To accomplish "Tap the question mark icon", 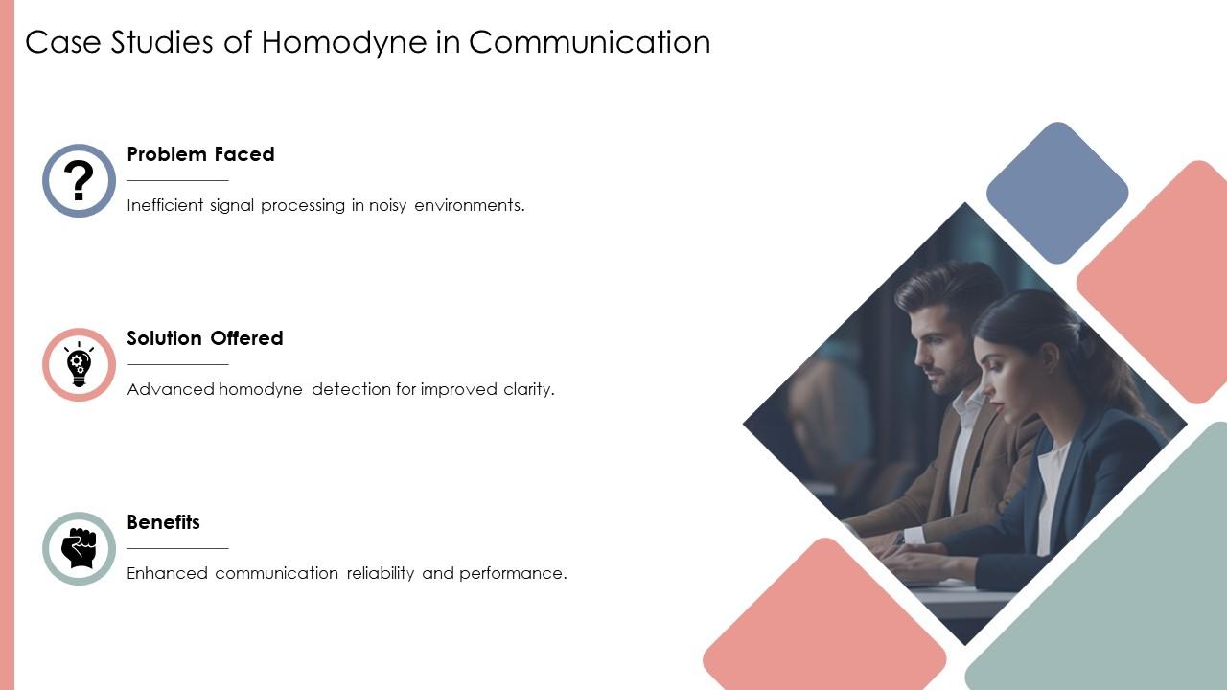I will [79, 180].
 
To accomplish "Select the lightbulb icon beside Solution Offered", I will [79, 364].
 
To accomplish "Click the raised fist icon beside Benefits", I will [79, 548].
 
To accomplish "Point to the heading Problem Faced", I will [200, 154].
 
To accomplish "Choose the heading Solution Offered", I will [205, 338].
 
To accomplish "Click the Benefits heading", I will [163, 522].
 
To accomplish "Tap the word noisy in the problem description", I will [388, 205].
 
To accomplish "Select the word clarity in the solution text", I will [528, 389].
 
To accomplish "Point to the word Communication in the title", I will [590, 43].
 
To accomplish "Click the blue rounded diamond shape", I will [1057, 193].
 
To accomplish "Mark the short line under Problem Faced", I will [177, 180].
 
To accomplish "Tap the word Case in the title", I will [54, 43].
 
